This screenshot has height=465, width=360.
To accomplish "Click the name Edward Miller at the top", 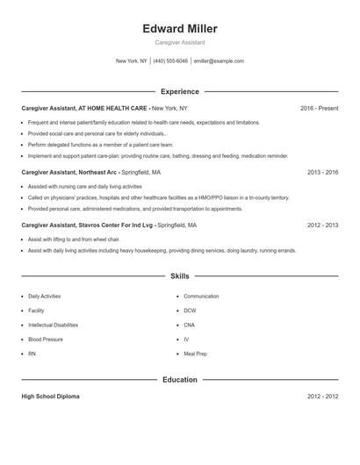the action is (x=179, y=29).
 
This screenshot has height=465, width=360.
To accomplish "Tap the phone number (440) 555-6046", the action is (x=170, y=61).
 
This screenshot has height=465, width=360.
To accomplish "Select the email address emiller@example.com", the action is (x=219, y=61).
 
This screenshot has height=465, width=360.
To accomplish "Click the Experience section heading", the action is (x=179, y=91).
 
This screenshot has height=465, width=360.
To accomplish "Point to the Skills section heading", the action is (x=179, y=276).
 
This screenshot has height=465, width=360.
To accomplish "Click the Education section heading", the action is (x=179, y=380).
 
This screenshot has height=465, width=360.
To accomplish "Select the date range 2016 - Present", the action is (x=319, y=108).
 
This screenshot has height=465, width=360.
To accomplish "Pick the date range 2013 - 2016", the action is (x=322, y=173).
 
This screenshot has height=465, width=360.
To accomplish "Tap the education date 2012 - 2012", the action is (x=322, y=397).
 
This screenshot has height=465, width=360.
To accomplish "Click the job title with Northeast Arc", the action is (x=70, y=173).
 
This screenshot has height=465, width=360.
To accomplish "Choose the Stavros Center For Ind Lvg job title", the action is (x=88, y=225).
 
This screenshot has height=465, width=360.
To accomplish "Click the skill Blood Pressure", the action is (x=46, y=339).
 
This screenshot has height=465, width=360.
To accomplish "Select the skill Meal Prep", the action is (x=195, y=353).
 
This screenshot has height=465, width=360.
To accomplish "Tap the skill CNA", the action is (x=189, y=325).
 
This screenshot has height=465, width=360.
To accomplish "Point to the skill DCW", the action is (x=190, y=311).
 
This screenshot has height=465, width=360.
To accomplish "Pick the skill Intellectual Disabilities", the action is (x=59, y=325).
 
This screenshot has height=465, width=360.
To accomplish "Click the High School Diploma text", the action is (x=50, y=397).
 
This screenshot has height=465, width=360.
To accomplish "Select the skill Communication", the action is (x=201, y=297).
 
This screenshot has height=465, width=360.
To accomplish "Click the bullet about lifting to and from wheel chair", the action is (x=73, y=239).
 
